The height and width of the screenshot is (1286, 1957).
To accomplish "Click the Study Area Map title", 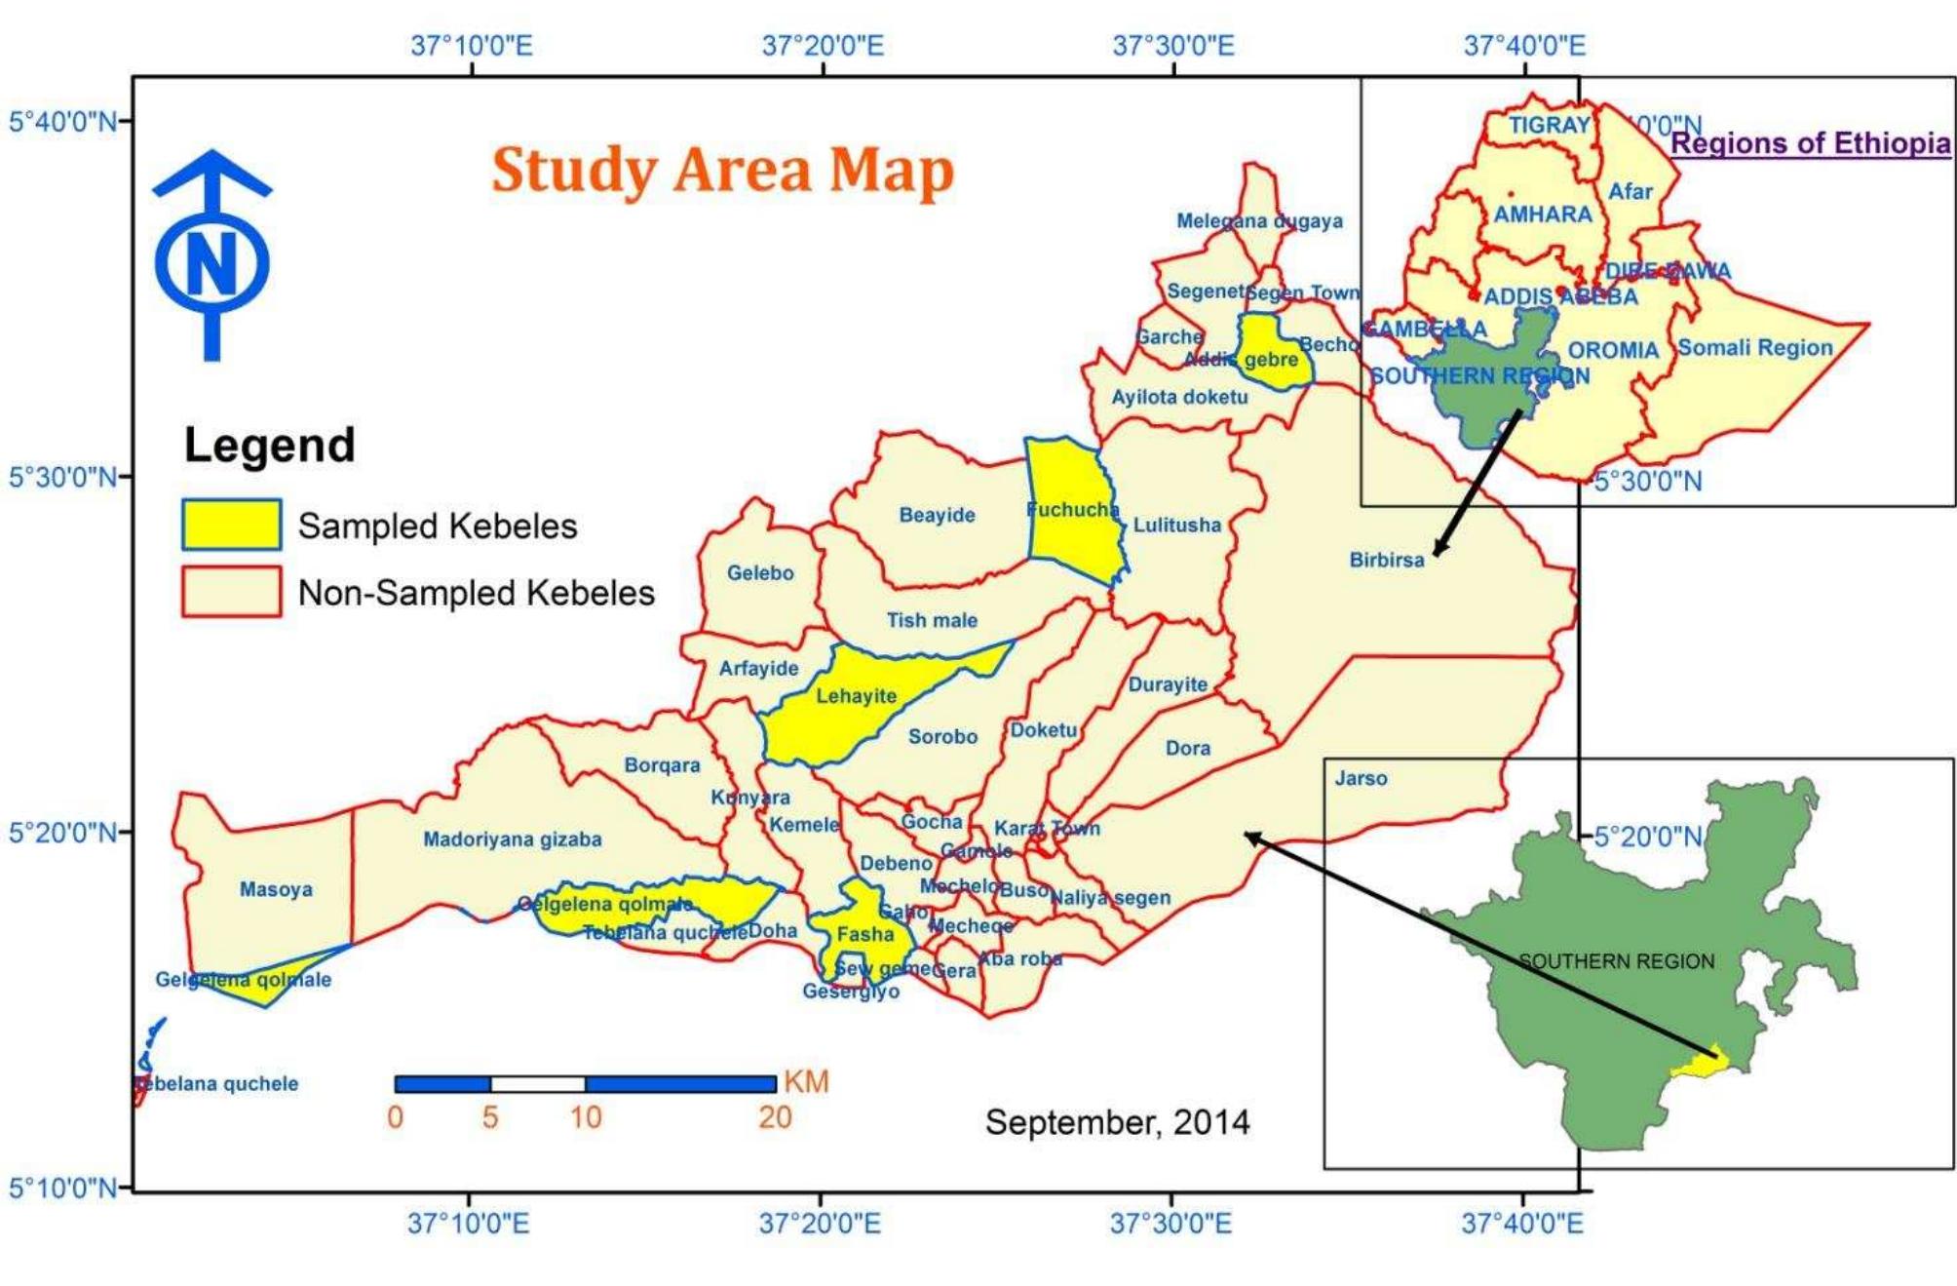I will click(722, 171).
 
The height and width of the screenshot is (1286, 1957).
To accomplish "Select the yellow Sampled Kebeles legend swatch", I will click(231, 525).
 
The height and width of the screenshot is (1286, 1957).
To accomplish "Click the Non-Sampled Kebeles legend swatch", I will click(231, 592).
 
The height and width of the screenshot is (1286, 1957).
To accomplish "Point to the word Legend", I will click(269, 446).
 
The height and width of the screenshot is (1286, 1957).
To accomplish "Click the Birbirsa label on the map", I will click(1386, 560).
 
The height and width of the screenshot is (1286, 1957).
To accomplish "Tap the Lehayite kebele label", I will click(856, 696).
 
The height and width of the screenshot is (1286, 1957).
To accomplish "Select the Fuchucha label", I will click(1072, 510).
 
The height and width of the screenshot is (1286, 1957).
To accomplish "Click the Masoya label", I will click(276, 889).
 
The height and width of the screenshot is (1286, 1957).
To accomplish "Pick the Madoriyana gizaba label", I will click(512, 839).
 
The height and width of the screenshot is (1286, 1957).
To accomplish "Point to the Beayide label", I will click(936, 515).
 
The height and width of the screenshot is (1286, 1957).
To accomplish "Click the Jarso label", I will click(1361, 778).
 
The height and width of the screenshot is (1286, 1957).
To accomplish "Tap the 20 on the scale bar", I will click(775, 1117).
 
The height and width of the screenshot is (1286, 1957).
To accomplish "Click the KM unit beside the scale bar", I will click(806, 1082).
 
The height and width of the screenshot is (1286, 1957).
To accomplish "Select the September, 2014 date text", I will click(1117, 1122).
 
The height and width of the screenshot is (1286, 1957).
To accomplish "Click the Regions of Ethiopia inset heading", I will click(1810, 144).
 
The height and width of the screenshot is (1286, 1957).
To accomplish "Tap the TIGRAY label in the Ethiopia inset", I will click(1549, 126).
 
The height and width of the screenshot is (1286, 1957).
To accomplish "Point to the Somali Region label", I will click(1754, 348).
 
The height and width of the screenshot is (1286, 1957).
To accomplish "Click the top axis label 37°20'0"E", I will click(823, 46).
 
